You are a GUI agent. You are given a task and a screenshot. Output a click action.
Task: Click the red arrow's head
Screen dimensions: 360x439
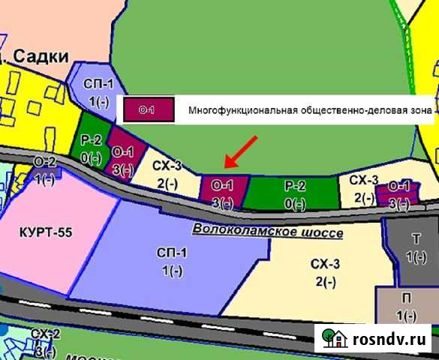[228, 166]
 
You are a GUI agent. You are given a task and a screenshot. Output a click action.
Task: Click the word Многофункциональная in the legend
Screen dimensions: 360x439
[233, 111]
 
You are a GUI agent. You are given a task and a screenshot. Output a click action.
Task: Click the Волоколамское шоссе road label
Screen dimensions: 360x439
[267, 232]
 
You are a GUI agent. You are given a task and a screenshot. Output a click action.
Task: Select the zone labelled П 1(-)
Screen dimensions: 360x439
[406, 307]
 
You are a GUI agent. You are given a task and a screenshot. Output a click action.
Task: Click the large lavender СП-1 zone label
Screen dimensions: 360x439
[171, 260]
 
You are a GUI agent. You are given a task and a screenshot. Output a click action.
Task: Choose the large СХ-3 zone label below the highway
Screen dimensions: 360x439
[325, 271]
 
